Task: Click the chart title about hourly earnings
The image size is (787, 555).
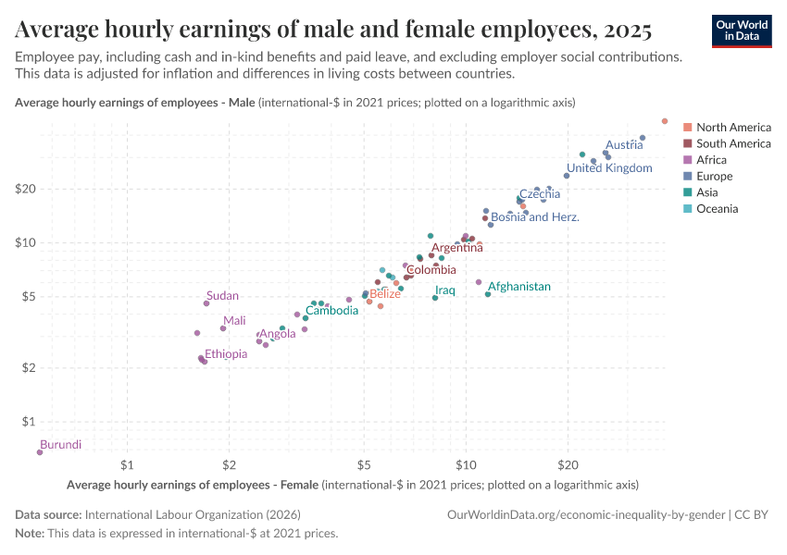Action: [x=334, y=30]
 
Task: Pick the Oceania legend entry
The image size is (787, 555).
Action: [x=717, y=209]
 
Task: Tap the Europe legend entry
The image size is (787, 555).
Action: [x=714, y=176]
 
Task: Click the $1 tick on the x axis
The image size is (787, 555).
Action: [x=128, y=462]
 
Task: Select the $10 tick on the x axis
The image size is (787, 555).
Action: [x=465, y=462]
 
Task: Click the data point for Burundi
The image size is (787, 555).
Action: [x=40, y=452]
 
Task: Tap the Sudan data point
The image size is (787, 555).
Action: [x=206, y=303]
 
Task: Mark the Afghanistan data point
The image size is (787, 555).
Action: [x=488, y=294]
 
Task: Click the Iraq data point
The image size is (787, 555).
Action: [x=435, y=298]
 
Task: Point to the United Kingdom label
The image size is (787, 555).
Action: [x=609, y=168]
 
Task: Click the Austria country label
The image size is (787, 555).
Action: [x=623, y=145]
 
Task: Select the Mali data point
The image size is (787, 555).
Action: [x=223, y=328]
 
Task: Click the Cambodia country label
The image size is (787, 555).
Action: [x=331, y=311]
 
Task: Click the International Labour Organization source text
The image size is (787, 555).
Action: [x=193, y=514]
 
